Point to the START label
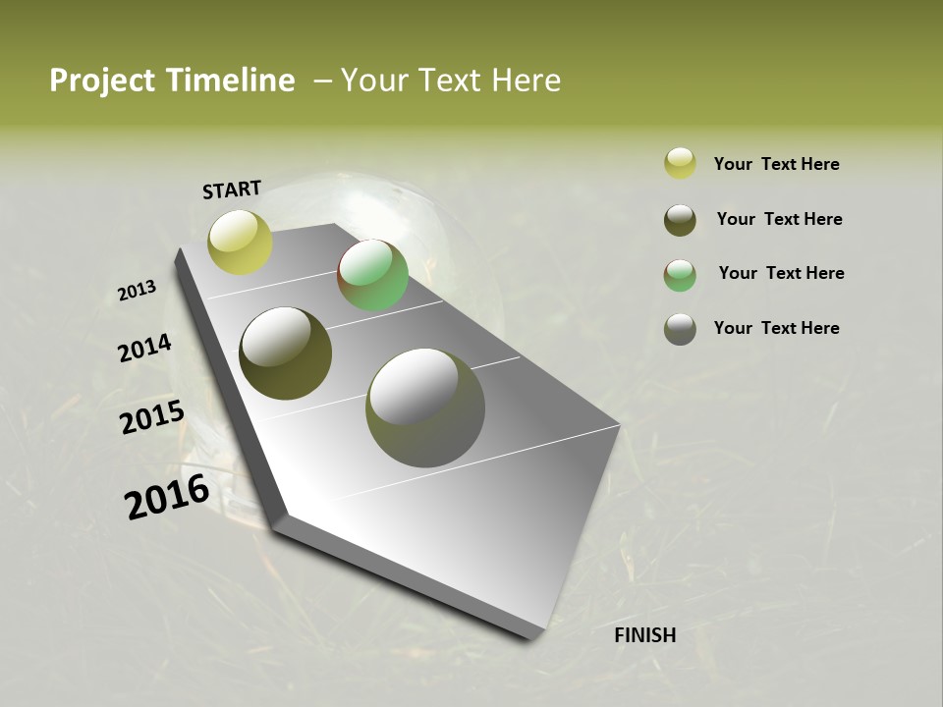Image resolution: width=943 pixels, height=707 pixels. point(232,190)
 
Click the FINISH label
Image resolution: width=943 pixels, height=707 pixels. point(645,635)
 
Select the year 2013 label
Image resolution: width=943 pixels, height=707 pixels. point(138,291)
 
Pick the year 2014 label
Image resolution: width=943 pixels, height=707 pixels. point(144,349)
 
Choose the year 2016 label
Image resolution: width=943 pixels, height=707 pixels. point(167,497)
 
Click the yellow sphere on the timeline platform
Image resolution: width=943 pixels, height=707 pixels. point(240,242)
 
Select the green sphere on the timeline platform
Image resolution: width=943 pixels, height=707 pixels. point(372,275)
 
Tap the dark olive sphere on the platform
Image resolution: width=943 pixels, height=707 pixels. point(285,353)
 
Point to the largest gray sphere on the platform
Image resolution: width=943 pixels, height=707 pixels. point(425,408)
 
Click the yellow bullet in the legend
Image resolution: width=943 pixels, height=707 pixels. point(680,163)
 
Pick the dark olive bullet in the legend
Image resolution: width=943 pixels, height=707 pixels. point(680,220)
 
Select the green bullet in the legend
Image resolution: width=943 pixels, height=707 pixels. point(680,275)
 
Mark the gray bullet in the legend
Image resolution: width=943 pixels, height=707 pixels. point(680,329)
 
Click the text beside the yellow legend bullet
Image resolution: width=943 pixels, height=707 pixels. point(776,164)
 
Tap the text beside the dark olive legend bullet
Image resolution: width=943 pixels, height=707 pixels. point(779,219)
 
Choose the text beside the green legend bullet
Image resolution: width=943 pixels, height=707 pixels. point(781,273)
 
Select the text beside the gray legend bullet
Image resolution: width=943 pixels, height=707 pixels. point(776,328)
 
